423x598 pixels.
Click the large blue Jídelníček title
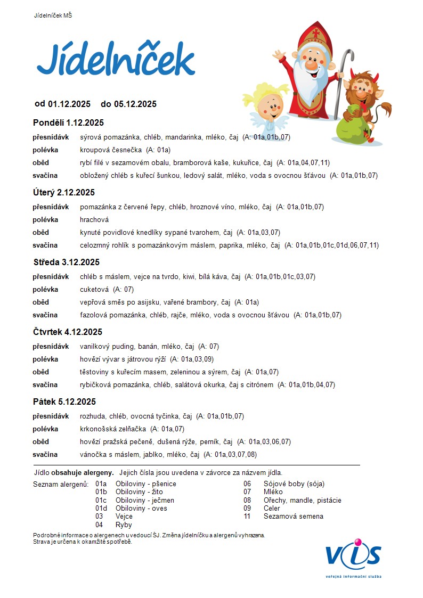tap(116, 60)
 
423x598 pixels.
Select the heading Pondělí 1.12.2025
tap(68, 122)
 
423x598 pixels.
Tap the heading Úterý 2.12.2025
tap(64, 192)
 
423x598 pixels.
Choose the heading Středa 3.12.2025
tap(66, 262)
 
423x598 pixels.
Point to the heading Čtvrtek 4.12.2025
tap(67, 332)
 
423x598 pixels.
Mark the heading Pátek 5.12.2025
tap(64, 402)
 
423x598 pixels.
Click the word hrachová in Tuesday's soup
tap(94, 219)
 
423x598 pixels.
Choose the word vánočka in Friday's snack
tap(93, 454)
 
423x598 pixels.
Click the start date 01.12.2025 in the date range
tap(69, 104)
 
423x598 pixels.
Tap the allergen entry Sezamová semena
tap(294, 516)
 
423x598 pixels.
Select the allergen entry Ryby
tap(124, 525)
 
